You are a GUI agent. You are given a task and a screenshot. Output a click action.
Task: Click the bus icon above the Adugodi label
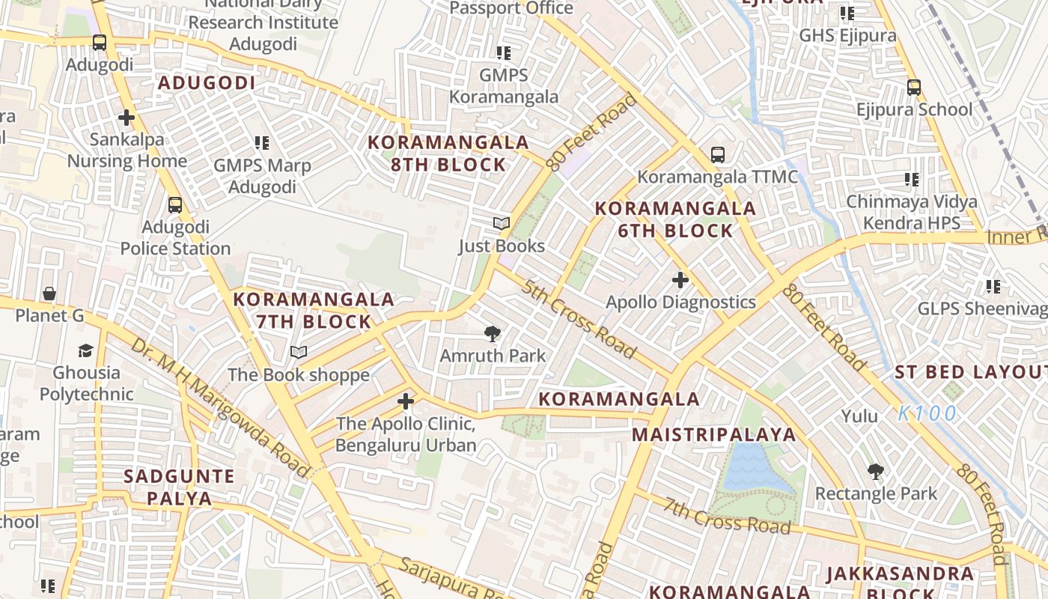[100, 43]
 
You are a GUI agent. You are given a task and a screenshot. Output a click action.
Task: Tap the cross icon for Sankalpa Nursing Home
[127, 118]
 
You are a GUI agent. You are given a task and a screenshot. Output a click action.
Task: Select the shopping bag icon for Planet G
[49, 293]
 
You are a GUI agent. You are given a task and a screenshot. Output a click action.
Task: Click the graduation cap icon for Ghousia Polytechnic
[86, 350]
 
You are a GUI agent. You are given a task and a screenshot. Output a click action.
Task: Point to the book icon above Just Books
[501, 223]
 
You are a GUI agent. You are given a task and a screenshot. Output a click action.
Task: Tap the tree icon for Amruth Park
[493, 333]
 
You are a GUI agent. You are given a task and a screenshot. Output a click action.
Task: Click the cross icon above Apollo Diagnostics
[680, 280]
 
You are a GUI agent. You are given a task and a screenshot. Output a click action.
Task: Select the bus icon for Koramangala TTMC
[717, 155]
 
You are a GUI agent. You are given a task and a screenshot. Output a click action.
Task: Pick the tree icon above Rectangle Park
[875, 472]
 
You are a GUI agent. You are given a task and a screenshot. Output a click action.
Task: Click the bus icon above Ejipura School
[913, 87]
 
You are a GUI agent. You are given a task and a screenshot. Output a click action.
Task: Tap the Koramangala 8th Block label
[448, 153]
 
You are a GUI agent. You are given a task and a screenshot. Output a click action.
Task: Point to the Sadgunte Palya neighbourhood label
[179, 487]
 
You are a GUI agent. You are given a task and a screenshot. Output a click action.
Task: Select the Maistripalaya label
[713, 435]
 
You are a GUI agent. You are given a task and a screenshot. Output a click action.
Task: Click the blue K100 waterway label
[927, 413]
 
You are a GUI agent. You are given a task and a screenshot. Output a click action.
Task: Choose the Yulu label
[859, 416]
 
